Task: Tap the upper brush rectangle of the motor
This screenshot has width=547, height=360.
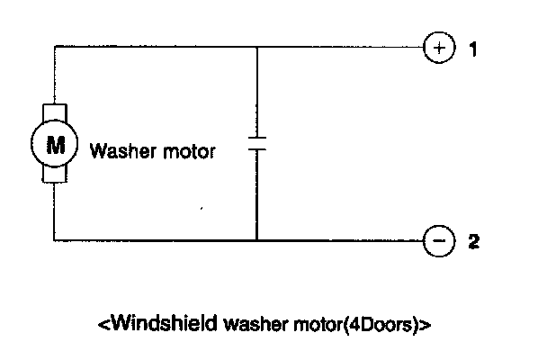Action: tap(55, 113)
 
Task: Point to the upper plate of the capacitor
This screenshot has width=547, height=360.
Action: tap(257, 138)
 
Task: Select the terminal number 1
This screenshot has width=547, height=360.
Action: tap(471, 49)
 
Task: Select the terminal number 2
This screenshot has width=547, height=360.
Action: tap(471, 240)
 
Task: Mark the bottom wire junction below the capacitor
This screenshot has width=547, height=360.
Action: tap(257, 240)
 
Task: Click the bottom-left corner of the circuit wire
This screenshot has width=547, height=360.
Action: tap(55, 240)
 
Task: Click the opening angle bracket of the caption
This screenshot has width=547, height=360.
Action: tap(102, 322)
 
